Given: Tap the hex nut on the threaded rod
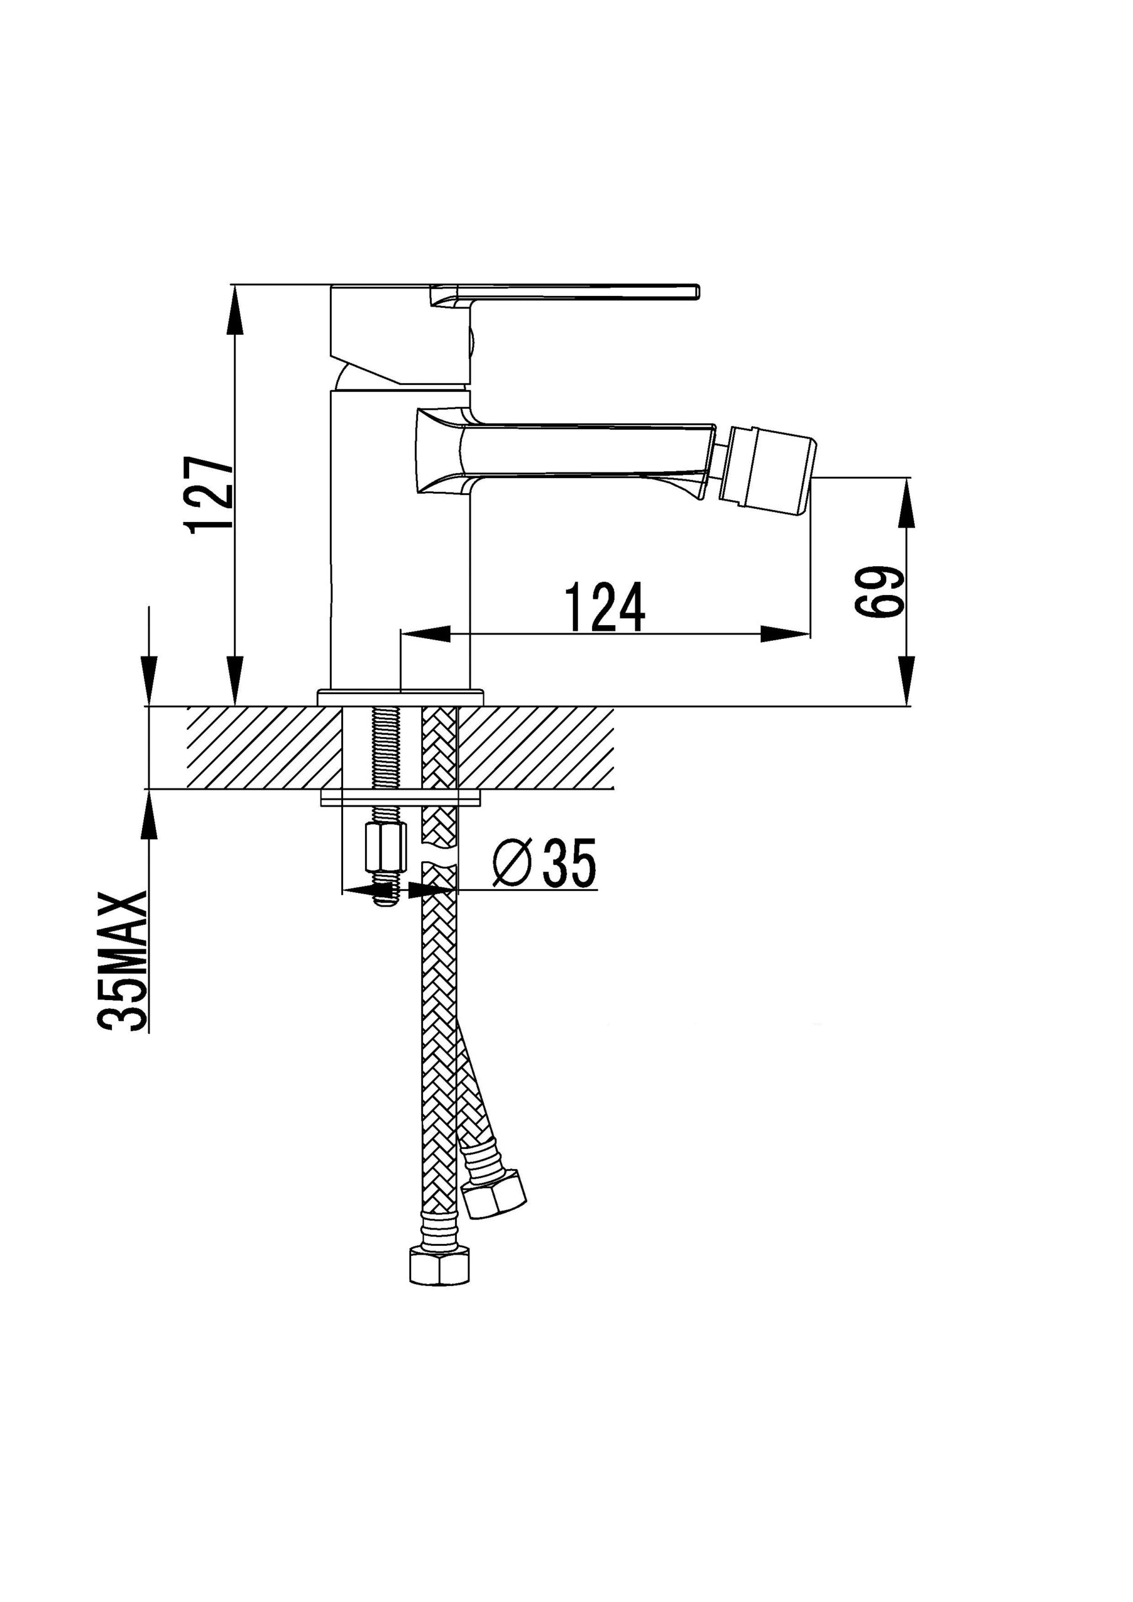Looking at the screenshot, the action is (x=386, y=847).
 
